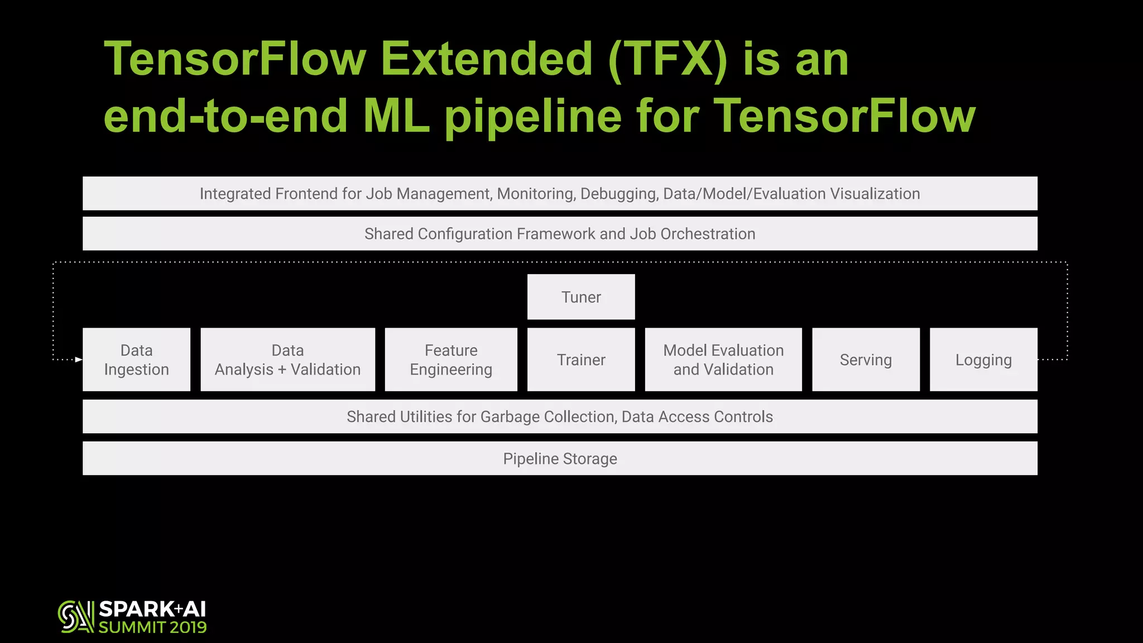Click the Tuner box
[x=581, y=297]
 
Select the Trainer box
[x=581, y=360]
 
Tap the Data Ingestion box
[x=136, y=360]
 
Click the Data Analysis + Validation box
[x=287, y=360]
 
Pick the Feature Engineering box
[x=451, y=360]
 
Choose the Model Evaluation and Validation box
[x=723, y=360]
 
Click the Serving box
[x=866, y=360]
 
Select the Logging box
[x=983, y=360]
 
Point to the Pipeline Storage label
[x=560, y=459]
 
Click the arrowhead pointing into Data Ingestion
[x=79, y=359]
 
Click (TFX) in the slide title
[x=667, y=59]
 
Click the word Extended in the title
[x=486, y=59]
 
